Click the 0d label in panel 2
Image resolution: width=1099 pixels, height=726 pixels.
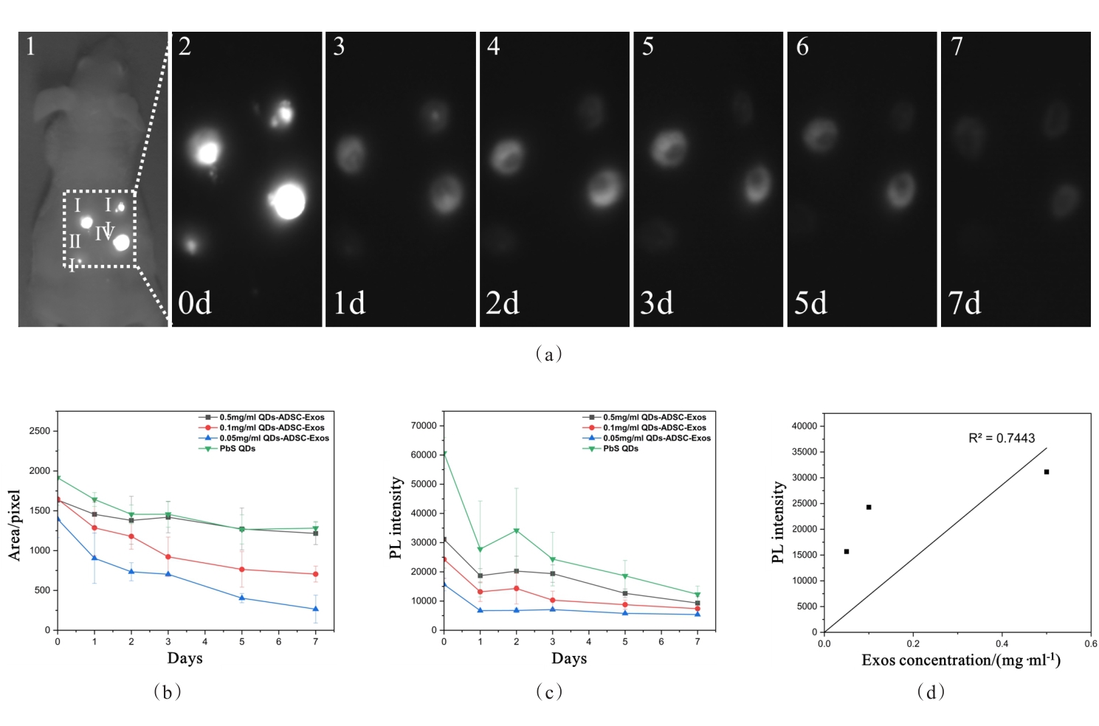click(195, 302)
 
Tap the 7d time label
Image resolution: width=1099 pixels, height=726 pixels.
click(965, 302)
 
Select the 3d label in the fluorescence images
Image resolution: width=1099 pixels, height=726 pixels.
click(657, 302)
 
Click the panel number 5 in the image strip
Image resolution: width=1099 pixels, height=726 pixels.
click(647, 46)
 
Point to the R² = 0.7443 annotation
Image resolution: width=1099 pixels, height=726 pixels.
click(1002, 438)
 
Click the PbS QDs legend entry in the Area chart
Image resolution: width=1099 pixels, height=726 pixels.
click(237, 449)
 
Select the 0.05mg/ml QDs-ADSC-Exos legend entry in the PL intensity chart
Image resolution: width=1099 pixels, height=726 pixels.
click(656, 438)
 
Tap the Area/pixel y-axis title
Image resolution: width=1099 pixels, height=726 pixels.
click(15, 525)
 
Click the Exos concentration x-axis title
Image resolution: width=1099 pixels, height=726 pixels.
click(961, 660)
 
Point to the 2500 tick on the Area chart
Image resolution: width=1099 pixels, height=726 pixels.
click(40, 431)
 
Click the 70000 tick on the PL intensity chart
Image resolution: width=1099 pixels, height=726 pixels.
click(424, 426)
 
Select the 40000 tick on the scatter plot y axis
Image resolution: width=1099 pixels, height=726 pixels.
click(804, 426)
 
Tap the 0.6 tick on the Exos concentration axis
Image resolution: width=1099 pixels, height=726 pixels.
click(1090, 643)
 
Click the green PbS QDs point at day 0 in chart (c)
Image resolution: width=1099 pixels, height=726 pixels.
click(444, 454)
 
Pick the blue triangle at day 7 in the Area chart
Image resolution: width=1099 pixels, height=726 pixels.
click(316, 609)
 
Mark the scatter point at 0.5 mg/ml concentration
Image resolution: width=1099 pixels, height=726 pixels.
click(1047, 471)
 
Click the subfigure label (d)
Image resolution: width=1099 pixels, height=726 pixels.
click(931, 691)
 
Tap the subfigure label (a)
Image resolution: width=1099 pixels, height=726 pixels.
click(548, 354)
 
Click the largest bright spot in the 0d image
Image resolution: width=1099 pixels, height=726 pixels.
click(289, 201)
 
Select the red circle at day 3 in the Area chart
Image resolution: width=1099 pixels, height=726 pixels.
click(168, 557)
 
